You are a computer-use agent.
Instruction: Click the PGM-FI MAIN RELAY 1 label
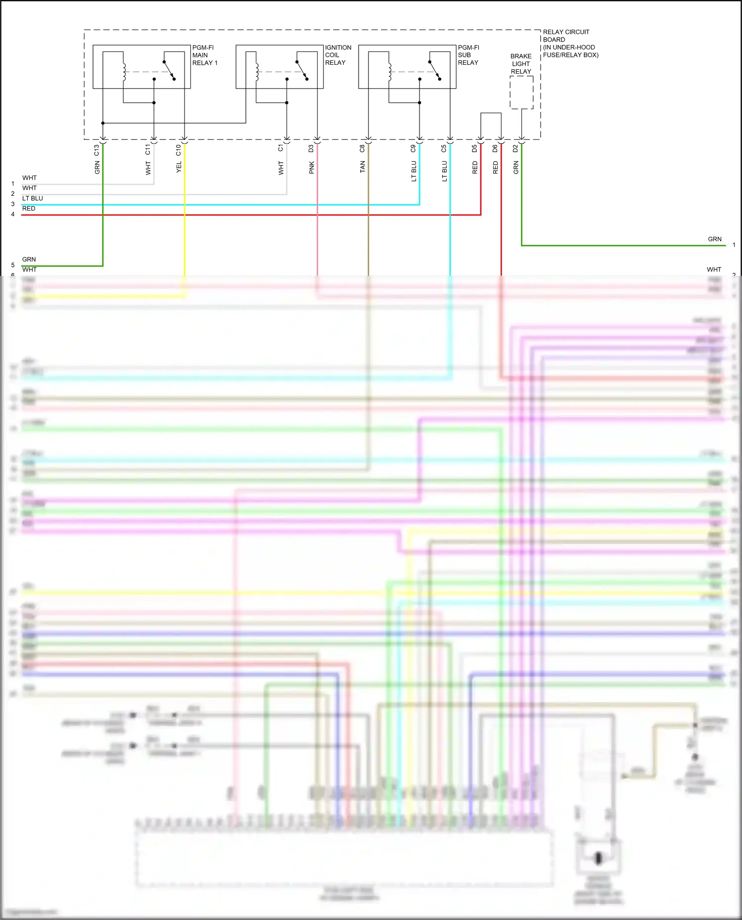204,55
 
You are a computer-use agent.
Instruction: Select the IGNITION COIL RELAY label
338,55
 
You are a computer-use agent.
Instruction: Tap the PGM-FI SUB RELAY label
468,55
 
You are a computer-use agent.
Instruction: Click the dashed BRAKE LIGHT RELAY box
521,92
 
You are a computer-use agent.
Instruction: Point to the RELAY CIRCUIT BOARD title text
570,44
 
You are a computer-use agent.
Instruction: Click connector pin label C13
97,150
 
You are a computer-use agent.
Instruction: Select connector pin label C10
179,150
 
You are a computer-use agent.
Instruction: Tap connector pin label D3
311,148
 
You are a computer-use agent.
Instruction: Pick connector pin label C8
362,148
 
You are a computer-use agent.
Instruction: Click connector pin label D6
495,148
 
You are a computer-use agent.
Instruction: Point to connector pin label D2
515,148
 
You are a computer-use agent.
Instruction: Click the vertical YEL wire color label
179,167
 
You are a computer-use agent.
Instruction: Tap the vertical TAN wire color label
363,167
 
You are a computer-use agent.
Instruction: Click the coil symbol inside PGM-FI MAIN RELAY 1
124,72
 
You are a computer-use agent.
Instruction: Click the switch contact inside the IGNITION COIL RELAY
302,70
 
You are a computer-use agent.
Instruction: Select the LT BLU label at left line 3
33,198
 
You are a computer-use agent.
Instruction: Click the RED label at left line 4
29,209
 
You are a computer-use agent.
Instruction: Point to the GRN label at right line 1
714,239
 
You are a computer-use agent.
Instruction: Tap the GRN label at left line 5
29,260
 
